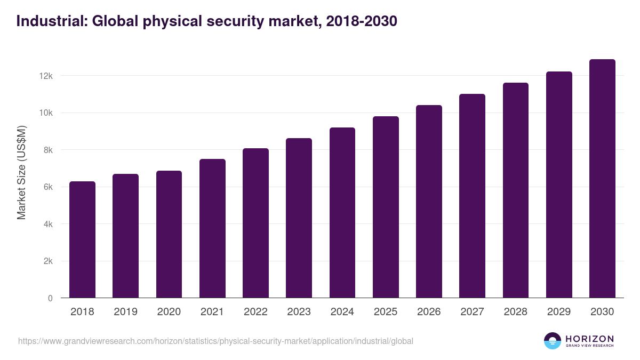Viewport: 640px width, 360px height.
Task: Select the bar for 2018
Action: point(82,240)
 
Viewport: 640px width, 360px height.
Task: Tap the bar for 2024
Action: point(342,213)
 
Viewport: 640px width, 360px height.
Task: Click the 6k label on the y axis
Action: point(48,187)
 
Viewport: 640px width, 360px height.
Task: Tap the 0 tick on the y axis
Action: point(50,299)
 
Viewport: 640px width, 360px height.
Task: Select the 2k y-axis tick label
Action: point(48,261)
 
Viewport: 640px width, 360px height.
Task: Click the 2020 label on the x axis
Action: point(169,312)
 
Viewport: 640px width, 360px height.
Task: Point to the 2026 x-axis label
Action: point(429,312)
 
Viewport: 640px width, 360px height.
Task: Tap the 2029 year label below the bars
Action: point(559,312)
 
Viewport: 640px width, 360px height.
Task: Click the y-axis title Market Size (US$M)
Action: point(22,173)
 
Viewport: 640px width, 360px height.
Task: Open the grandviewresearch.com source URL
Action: point(215,341)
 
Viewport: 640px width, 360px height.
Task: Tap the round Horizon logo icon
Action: point(553,341)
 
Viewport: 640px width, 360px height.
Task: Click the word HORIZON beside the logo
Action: point(589,339)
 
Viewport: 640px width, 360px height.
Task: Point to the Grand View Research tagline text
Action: point(589,346)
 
